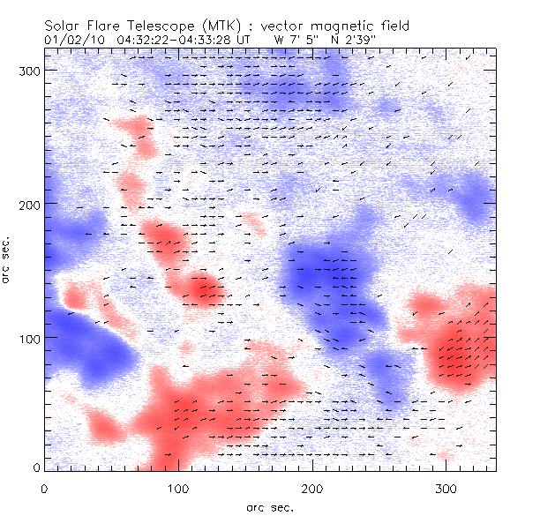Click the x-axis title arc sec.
click(x=269, y=507)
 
